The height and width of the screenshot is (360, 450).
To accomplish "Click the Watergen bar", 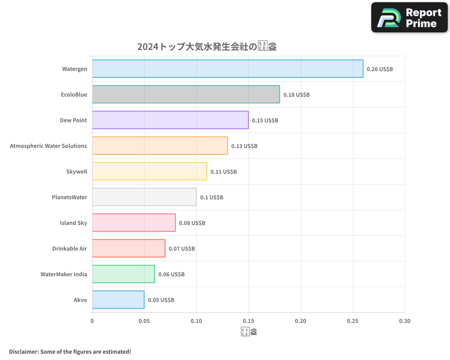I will click(227, 69).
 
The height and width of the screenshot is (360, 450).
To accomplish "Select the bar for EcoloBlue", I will click(186, 94).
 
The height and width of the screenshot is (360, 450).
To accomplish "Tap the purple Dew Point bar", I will click(170, 120).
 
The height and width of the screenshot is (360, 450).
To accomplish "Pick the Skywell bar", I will click(149, 171).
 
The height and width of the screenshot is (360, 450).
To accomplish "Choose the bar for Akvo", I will click(118, 300).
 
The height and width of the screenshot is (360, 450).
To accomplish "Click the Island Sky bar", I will click(134, 223).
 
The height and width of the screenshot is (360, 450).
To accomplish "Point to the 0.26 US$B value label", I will click(380, 69).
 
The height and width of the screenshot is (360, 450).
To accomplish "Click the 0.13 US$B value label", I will click(244, 146).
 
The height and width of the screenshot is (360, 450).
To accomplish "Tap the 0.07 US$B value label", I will click(182, 249).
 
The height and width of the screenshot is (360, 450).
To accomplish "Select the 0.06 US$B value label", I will click(171, 274).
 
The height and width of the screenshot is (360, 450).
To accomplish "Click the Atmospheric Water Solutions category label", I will click(49, 146).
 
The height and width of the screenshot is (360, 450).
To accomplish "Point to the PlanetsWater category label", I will click(69, 198).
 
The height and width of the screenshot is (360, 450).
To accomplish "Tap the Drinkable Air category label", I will click(70, 249).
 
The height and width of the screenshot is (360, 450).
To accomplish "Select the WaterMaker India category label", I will click(64, 274).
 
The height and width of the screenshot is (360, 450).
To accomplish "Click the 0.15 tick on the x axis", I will click(248, 321).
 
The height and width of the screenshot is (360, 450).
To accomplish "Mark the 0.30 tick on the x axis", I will click(405, 321).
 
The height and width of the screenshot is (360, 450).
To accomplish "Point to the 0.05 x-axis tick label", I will click(144, 321).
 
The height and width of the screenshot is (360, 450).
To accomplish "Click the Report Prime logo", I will click(409, 18).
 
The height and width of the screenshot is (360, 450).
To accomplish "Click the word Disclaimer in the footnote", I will click(23, 352).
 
